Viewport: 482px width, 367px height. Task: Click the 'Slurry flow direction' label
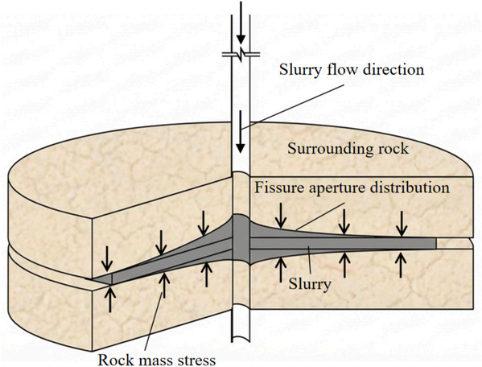click(352, 69)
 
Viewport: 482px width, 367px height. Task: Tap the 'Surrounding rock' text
click(348, 149)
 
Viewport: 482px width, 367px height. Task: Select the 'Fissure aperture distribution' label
click(352, 188)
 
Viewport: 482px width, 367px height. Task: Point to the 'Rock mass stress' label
click(156, 359)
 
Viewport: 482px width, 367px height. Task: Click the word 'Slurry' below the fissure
click(310, 284)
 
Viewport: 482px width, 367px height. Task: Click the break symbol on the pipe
click(241, 55)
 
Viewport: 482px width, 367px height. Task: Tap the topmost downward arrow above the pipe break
click(241, 23)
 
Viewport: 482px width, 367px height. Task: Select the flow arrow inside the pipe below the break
click(241, 131)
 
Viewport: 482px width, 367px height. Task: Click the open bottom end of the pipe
click(241, 339)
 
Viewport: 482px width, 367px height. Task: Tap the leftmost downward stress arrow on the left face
click(107, 258)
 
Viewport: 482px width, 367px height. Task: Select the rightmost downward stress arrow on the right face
click(402, 224)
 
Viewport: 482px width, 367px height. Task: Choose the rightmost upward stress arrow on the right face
click(400, 264)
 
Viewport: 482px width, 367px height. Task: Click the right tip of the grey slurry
click(436, 243)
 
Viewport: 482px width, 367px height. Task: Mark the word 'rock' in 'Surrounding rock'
click(393, 149)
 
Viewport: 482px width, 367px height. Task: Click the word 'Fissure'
click(278, 188)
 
